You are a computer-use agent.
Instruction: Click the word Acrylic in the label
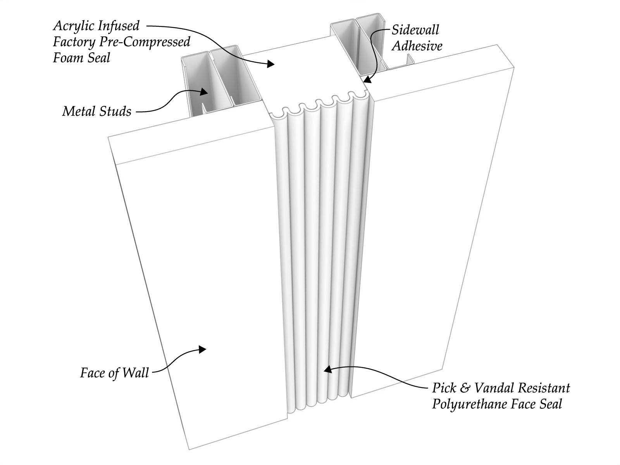tap(74, 26)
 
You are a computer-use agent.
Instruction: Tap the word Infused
tap(118, 26)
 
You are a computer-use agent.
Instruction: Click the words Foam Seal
tap(81, 58)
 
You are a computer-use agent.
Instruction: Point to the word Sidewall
tap(415, 30)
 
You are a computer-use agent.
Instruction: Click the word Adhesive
tap(417, 46)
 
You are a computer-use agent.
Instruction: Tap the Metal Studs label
tap(96, 112)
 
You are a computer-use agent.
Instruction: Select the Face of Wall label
tap(114, 373)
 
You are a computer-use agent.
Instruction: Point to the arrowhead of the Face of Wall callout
tap(202, 349)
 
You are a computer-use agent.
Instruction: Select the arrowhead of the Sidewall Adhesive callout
tap(366, 80)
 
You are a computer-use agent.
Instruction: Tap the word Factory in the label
tap(74, 42)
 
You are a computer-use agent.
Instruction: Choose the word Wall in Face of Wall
tap(136, 373)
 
